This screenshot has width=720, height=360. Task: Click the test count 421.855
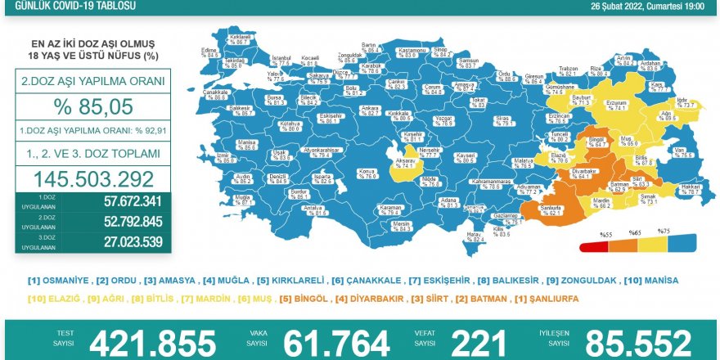153,342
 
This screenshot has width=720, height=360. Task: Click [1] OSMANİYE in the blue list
59,281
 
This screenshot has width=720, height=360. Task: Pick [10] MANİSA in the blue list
651,281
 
